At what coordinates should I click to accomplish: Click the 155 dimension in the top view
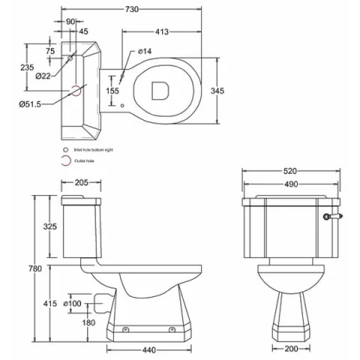pyautogui.click(x=111, y=90)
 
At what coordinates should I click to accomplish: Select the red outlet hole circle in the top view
pyautogui.click(x=76, y=89)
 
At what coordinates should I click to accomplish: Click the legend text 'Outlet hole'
pyautogui.click(x=84, y=159)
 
